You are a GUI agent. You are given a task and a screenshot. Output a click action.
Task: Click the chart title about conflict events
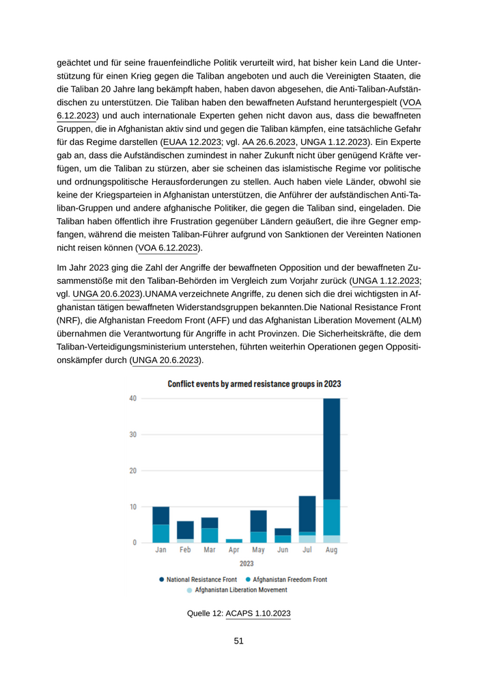click(254, 384)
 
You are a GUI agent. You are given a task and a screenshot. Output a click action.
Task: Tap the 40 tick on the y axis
click(132, 399)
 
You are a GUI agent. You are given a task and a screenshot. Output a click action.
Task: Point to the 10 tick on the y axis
click(132, 507)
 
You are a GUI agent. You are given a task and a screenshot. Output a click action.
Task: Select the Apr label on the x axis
click(234, 550)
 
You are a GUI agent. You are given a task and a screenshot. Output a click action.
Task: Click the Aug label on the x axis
click(331, 550)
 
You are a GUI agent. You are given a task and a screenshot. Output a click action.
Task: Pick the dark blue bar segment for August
click(331, 449)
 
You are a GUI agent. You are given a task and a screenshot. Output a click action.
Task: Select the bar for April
click(234, 541)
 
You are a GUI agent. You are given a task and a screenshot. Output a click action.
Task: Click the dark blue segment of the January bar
click(161, 516)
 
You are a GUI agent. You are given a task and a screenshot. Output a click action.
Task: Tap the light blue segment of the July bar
click(307, 539)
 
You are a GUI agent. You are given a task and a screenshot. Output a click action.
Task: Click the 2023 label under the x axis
click(247, 563)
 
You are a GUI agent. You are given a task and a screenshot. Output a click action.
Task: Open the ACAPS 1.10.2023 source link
click(258, 613)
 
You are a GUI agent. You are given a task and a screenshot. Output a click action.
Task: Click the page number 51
click(239, 641)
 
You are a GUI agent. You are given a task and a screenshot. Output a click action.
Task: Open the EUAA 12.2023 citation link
click(192, 142)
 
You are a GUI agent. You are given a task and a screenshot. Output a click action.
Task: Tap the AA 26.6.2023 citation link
click(269, 142)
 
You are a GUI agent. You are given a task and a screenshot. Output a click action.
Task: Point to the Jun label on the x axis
click(283, 550)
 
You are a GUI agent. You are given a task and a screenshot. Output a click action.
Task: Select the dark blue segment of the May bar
click(258, 521)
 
